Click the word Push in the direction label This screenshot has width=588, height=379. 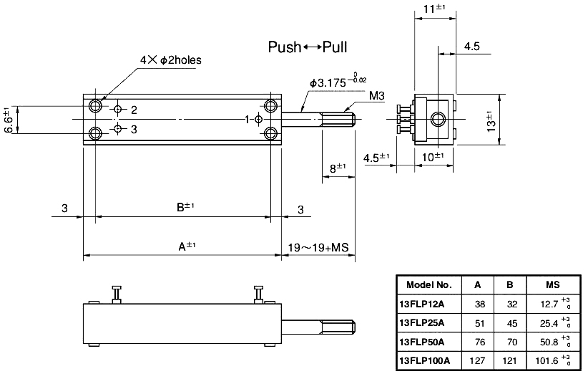coord(284,48)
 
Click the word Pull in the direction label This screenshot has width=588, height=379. coord(335,48)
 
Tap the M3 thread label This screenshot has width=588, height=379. coord(378,95)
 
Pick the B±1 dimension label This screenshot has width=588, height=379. coord(186,208)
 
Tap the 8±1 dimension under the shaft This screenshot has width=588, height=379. coord(338,167)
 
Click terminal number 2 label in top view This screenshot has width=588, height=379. coord(133,110)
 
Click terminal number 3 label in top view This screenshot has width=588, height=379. coord(133,129)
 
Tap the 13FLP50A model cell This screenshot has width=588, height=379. coord(421,340)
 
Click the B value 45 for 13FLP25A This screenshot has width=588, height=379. coord(509,322)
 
